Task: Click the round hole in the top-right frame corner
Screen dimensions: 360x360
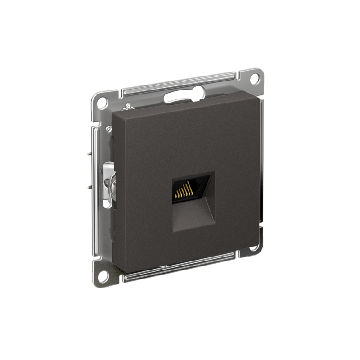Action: pyautogui.click(x=255, y=78)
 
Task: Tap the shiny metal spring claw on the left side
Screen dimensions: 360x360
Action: pyautogui.click(x=108, y=184)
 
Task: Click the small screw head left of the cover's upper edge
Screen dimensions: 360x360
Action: pyautogui.click(x=108, y=129)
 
